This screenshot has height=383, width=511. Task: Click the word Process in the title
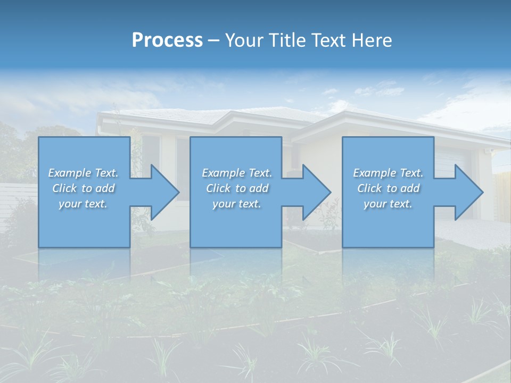coord(167,40)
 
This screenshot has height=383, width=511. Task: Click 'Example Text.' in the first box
coord(83,173)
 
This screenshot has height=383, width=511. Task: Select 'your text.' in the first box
coord(83,204)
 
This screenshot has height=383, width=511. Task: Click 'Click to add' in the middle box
coord(237,188)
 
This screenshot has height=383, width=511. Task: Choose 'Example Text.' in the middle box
coord(237,173)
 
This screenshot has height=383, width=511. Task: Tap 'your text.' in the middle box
coord(237,204)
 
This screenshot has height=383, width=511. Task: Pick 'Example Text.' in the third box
coord(388,173)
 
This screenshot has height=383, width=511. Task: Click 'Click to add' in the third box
coord(388,188)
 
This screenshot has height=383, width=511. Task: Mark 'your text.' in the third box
coord(388,204)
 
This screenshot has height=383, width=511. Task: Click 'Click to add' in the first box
coord(83,188)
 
